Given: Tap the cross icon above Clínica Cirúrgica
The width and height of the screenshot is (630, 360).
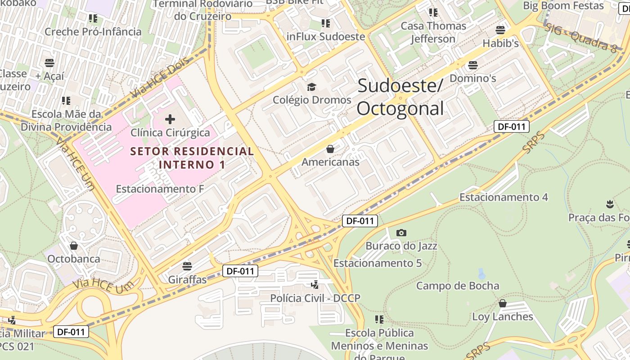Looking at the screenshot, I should (x=170, y=119).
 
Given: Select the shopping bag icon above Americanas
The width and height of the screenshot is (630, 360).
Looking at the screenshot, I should (x=330, y=149).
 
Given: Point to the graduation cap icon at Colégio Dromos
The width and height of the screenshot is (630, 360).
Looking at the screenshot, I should (x=312, y=87).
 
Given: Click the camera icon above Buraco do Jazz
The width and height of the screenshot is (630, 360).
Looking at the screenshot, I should (x=401, y=233).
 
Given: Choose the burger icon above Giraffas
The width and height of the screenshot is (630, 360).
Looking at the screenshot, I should (x=187, y=266).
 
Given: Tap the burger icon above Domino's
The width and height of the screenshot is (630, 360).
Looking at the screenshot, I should (x=472, y=65).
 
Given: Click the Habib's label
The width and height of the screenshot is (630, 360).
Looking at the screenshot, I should (x=500, y=43).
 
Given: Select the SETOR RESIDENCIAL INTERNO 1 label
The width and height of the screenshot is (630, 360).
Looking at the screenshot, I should (x=192, y=158).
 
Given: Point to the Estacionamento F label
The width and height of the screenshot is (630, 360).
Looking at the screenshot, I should (x=160, y=189).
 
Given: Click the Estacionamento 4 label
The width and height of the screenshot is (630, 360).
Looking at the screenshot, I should (x=503, y=197).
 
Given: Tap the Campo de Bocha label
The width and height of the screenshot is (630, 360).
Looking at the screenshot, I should (x=457, y=286).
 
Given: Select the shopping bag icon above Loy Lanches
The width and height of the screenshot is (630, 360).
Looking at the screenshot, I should (x=503, y=303).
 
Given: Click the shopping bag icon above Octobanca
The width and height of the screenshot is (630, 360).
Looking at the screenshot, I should (x=74, y=246).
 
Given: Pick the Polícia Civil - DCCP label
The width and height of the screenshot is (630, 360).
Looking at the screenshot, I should (x=315, y=298).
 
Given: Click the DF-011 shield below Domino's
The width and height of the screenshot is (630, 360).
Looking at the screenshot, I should (x=512, y=126).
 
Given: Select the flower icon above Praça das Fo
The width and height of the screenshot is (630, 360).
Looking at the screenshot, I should (x=610, y=204).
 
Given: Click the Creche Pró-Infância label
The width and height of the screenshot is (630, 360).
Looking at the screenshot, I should (x=93, y=31).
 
